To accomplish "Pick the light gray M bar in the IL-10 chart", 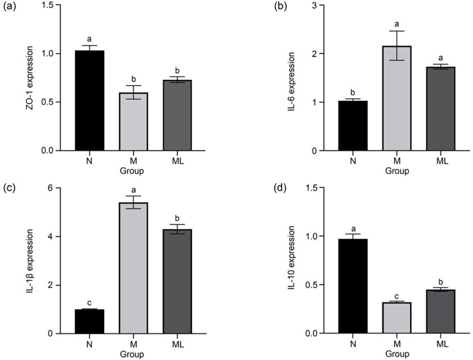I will tap(397, 318).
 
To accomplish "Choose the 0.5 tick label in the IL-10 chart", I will tap(312, 285).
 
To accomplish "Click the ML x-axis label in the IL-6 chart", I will tap(440, 161).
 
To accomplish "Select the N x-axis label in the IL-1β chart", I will tap(89, 344).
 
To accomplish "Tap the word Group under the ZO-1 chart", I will tap(132, 171).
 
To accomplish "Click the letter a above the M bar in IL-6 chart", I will tap(397, 24).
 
